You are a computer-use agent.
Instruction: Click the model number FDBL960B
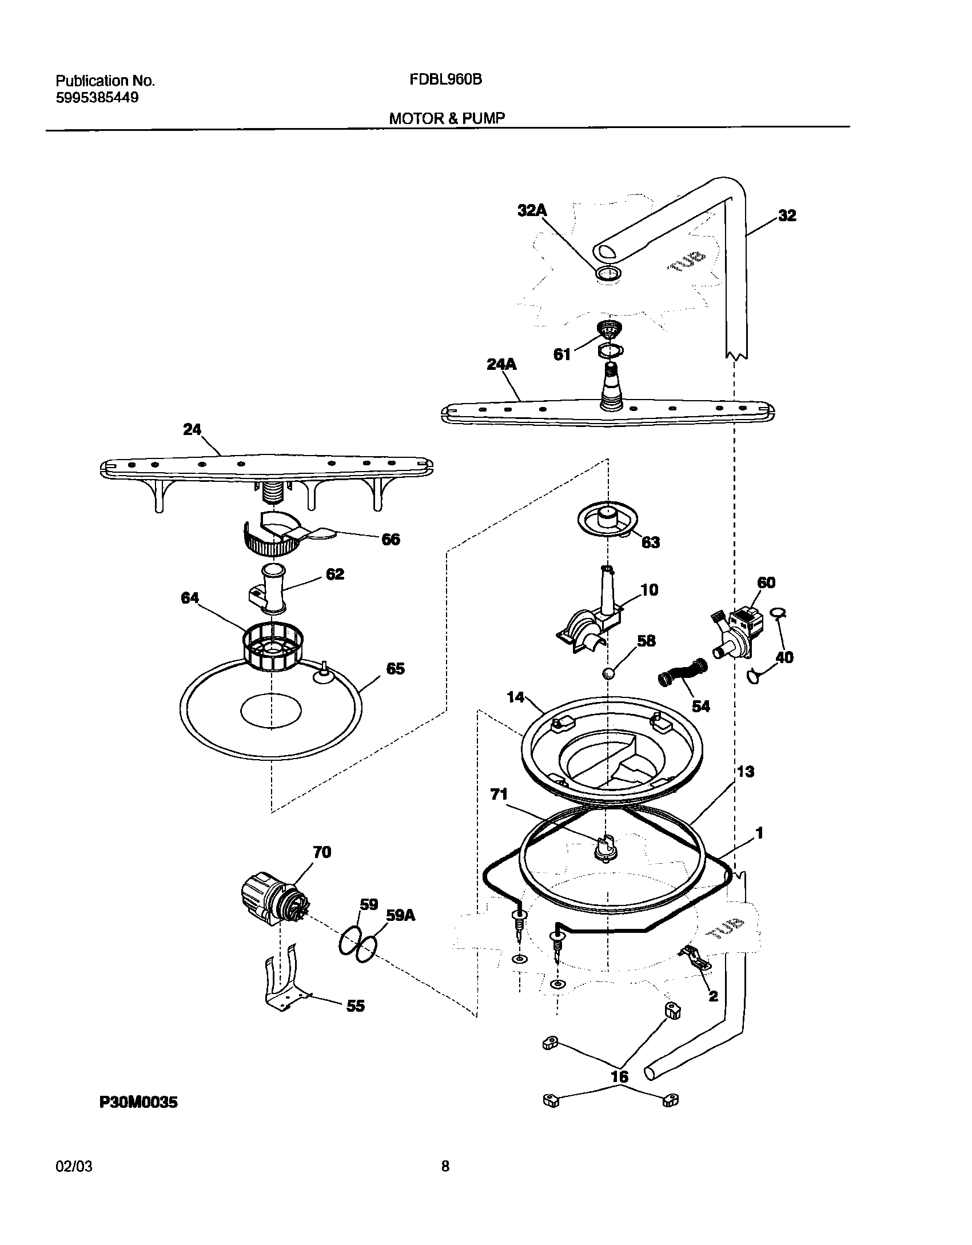pyautogui.click(x=445, y=80)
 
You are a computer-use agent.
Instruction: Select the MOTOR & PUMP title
pyautogui.click(x=447, y=118)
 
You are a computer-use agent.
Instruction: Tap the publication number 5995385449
pyautogui.click(x=97, y=98)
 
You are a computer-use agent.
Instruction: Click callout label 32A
pyautogui.click(x=532, y=210)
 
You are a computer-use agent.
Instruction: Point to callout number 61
pyautogui.click(x=562, y=354)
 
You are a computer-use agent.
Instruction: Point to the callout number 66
pyautogui.click(x=391, y=539)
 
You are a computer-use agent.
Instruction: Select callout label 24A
pyautogui.click(x=501, y=364)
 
